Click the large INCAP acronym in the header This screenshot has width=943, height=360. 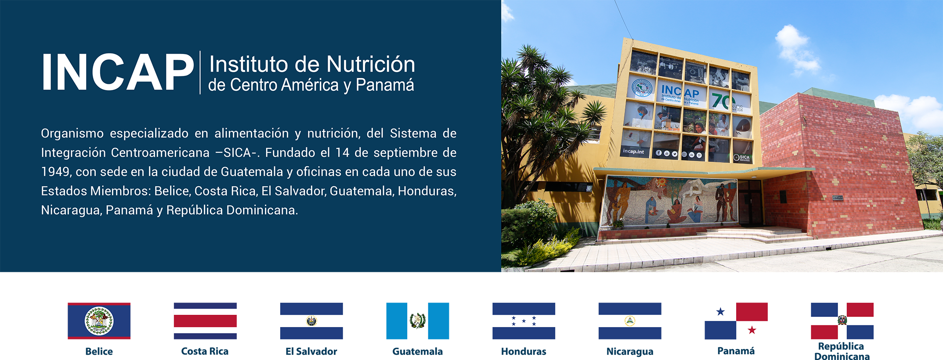point(118,72)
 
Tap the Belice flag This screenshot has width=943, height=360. point(99,321)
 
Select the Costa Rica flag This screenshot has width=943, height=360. point(205,321)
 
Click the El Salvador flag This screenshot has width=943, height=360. point(311,321)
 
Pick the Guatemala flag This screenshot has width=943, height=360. point(418,321)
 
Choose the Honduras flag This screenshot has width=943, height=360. point(524,321)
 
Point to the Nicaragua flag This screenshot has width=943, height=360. point(630,321)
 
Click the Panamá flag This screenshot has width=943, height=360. point(736,321)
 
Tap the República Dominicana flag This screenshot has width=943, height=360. point(842,321)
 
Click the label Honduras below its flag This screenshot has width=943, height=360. point(524,351)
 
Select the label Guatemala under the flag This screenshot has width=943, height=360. point(418,351)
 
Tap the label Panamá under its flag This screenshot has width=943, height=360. point(736,351)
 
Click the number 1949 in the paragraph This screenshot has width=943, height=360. point(55,172)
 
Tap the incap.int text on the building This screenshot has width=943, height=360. point(633,151)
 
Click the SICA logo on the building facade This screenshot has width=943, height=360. point(742,157)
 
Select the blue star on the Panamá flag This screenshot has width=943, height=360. point(720,312)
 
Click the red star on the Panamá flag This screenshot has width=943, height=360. point(752,330)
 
